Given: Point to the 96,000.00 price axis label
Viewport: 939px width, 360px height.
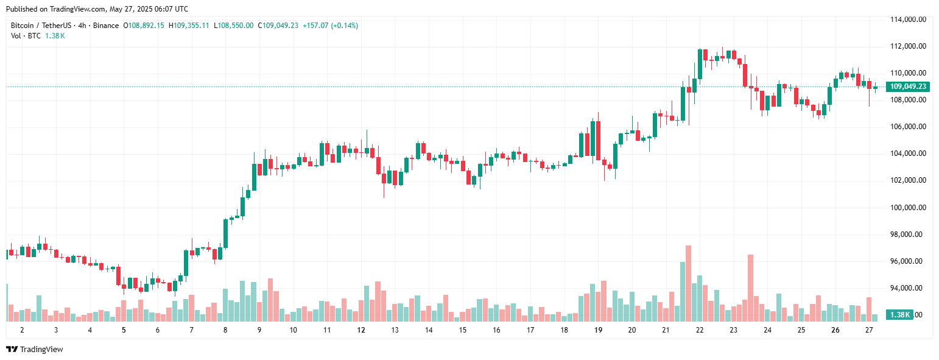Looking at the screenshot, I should pos(909,261).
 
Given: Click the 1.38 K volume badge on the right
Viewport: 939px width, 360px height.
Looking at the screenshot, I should pos(899,315).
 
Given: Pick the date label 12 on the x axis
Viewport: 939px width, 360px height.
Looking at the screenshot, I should pos(361,330).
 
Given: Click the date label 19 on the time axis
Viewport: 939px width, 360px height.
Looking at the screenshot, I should pos(598,330).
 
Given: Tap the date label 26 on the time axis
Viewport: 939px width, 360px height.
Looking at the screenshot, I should pos(835,330).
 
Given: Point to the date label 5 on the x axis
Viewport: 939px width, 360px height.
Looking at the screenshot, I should pos(124,330).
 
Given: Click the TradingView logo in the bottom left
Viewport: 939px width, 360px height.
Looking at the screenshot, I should pos(35,350).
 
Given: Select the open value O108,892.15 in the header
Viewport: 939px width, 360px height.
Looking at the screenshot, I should pos(144,26).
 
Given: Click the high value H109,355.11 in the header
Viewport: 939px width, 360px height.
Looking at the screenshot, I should pos(189,26).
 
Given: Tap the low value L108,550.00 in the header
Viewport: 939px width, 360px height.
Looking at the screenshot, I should pos(233,26).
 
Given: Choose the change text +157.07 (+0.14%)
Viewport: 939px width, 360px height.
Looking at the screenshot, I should pos(329,26).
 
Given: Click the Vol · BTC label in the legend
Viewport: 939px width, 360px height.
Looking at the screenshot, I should pos(26,36).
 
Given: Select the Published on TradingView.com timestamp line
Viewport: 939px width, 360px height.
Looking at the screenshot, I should pos(97,9).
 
